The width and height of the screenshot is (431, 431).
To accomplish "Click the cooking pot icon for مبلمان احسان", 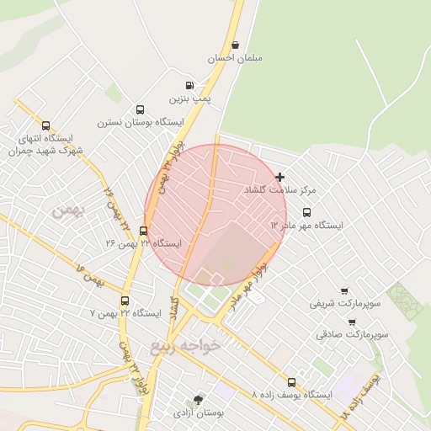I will click(235, 45).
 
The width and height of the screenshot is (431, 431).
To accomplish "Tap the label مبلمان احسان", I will click(235, 58).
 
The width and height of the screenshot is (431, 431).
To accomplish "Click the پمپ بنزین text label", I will click(190, 98).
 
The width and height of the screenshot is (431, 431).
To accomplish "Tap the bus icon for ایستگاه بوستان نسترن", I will click(140, 109).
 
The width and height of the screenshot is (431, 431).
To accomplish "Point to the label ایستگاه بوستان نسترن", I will click(140, 122).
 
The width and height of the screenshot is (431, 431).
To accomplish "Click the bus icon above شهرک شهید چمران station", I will click(45, 125).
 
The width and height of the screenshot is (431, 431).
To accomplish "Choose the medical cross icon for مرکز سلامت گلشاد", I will click(280, 177).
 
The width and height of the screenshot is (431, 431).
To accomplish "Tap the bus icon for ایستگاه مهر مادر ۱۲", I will click(306, 212).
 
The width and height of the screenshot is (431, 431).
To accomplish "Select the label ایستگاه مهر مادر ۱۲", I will click(306, 226).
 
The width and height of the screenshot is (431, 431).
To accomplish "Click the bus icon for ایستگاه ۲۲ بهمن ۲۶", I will click(143, 230).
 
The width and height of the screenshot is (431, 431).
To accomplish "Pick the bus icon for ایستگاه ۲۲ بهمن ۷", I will click(125, 300).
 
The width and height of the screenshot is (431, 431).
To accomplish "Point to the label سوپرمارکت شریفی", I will click(345, 301).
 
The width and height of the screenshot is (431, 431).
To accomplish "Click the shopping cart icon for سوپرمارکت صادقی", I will click(351, 321).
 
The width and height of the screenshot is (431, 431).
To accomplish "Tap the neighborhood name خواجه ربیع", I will click(184, 346).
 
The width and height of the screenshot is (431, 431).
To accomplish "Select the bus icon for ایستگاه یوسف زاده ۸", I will click(291, 381).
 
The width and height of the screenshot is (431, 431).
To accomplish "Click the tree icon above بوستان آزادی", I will click(197, 400).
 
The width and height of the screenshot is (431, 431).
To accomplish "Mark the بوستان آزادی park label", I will click(197, 413).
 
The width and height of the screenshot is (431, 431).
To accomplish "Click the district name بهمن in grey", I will click(69, 211).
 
